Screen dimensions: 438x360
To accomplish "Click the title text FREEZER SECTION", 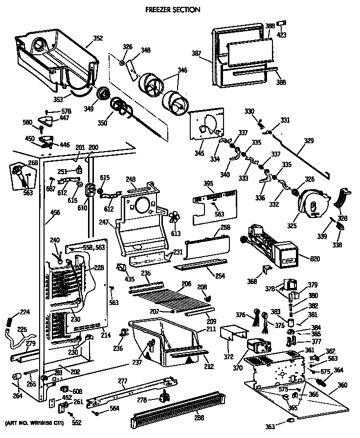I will pyautogui.click(x=173, y=9).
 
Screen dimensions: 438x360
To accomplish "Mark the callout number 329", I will pyautogui.click(x=309, y=141).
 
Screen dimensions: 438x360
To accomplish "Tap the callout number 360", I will pyautogui.click(x=342, y=385).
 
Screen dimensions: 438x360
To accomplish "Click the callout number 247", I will pyautogui.click(x=116, y=222).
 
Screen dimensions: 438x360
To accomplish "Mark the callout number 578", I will pyautogui.click(x=66, y=111).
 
